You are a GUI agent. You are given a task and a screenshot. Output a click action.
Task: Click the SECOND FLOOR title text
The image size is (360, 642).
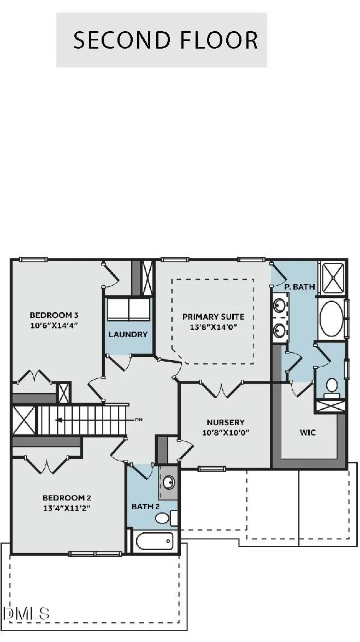pos(165,40)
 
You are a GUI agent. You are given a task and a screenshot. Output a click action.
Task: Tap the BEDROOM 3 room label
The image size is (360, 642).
pos(54,315)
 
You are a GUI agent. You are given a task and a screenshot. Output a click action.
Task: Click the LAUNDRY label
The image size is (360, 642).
pos(128,334)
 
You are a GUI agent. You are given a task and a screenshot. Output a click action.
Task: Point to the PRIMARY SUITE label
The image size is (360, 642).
pos(213,316)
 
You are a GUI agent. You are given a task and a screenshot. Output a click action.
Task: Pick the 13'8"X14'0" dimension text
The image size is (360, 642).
pos(213,327)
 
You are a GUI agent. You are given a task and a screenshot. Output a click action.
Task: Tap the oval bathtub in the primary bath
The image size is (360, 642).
pos(331,317)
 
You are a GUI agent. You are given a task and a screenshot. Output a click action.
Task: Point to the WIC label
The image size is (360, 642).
pos(308,432)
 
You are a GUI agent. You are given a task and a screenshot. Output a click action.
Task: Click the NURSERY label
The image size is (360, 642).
pos(225,422)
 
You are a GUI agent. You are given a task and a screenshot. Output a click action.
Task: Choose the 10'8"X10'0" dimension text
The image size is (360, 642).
pos(225,433)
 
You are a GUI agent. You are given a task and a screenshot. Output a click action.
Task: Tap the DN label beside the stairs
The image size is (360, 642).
pos(138,420)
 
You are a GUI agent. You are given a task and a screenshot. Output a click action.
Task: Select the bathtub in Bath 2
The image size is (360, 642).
pos(154,542)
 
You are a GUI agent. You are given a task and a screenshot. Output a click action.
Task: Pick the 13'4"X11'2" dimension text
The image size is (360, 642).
pos(67,508)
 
